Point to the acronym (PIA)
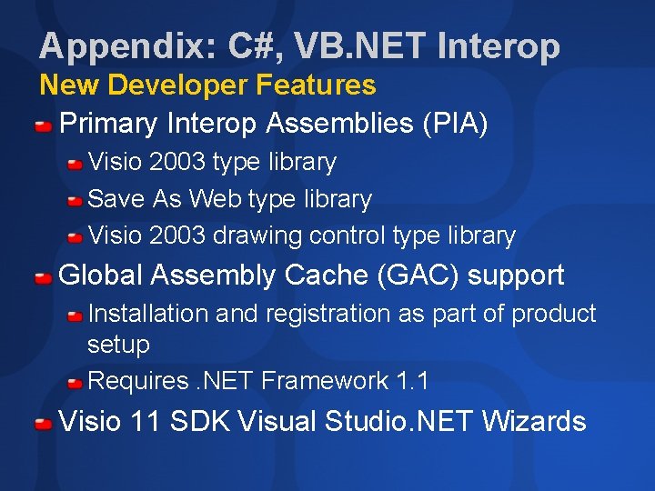coord(455,123)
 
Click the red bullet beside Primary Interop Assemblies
coord(44,125)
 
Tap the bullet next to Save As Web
coord(76,200)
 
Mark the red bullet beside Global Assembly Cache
coord(44,276)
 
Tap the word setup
coord(118,346)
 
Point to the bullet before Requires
coord(76,382)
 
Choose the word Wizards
coord(534,422)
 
